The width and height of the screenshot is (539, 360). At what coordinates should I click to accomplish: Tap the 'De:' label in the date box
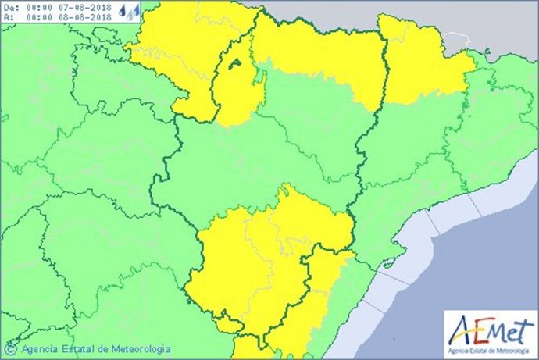[x=9, y=7]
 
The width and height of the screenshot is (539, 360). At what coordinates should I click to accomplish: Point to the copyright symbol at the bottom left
[x=12, y=349]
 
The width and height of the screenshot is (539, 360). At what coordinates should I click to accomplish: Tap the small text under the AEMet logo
[x=490, y=348]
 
